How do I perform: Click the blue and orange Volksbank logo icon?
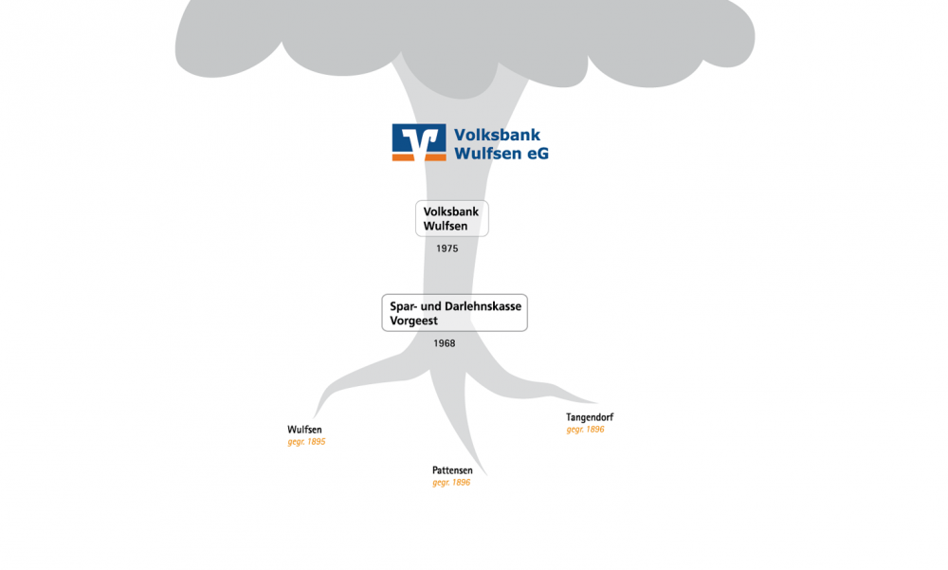419,143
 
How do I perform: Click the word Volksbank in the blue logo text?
497,135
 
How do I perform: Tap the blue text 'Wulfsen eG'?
501,153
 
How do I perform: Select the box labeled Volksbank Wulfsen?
451,218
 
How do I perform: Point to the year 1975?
447,248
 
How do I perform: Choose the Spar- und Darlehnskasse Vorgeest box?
455,313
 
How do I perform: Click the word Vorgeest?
413,321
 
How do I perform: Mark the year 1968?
445,343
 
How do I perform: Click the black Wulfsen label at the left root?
304,430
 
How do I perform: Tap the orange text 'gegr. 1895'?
306,442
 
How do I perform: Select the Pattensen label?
452,470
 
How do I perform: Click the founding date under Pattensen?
451,482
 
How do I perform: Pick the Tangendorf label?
590,417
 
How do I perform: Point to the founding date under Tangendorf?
585,429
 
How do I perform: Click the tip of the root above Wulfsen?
314,417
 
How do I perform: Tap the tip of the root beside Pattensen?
486,475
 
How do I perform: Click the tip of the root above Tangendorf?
597,403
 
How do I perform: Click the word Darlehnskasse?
483,306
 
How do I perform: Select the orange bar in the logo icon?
419,157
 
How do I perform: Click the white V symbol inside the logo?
420,140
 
